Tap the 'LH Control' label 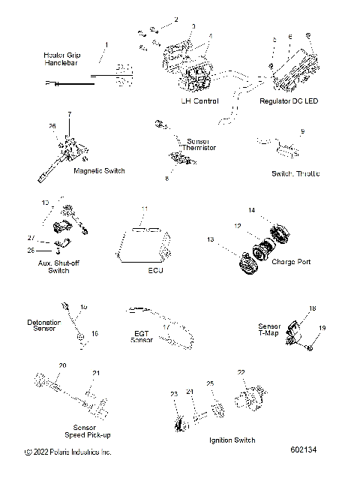click(x=199, y=101)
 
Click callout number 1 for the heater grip click(x=106, y=45)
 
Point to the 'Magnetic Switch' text click(x=99, y=171)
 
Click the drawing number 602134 click(x=304, y=450)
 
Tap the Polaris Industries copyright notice click(x=68, y=452)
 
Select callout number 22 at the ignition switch click(x=241, y=372)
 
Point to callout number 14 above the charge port click(x=252, y=209)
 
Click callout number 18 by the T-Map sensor click(x=313, y=308)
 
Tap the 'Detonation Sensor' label click(x=43, y=325)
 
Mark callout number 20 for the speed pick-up click(x=63, y=365)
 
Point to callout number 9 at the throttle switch click(x=302, y=131)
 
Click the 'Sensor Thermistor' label click(x=200, y=144)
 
